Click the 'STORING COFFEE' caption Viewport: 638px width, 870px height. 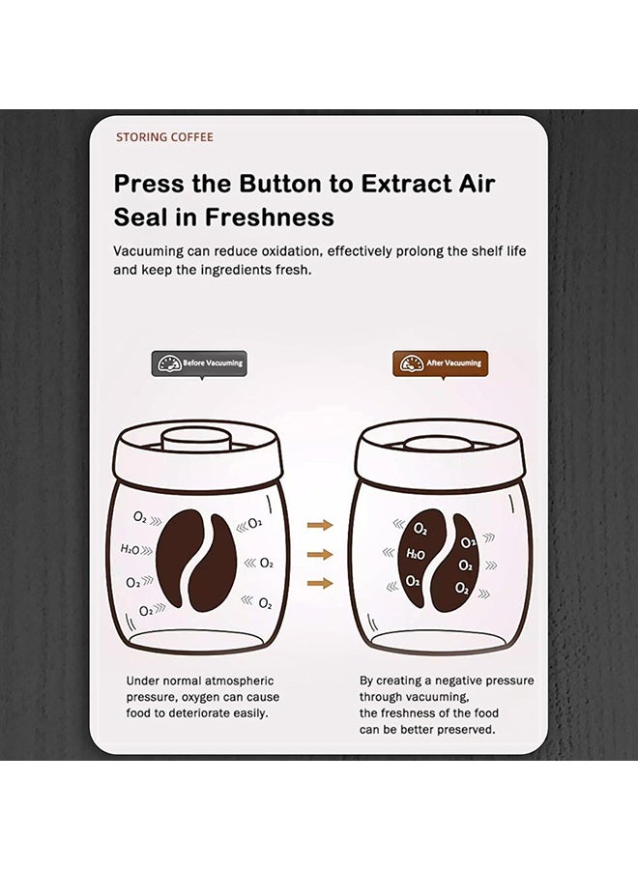[x=164, y=137]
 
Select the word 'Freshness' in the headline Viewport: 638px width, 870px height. [x=269, y=217]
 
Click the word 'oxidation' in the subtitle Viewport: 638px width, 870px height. [x=291, y=251]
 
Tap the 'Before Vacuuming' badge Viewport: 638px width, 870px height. [x=199, y=363]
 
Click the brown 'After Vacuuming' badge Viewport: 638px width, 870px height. [x=441, y=363]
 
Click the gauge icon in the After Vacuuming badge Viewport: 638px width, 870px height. [x=411, y=363]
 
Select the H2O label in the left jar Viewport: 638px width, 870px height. [x=130, y=549]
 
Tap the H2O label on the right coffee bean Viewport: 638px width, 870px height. [x=416, y=554]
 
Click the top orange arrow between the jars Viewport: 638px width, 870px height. [x=320, y=525]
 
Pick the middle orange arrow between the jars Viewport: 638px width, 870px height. [x=320, y=554]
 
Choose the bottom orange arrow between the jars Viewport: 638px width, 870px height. [x=320, y=583]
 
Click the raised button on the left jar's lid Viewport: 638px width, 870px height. [x=196, y=442]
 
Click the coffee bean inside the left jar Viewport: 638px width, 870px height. [x=196, y=561]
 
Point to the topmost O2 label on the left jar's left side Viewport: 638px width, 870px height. [x=140, y=517]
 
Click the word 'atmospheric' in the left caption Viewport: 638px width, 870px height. [x=239, y=681]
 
